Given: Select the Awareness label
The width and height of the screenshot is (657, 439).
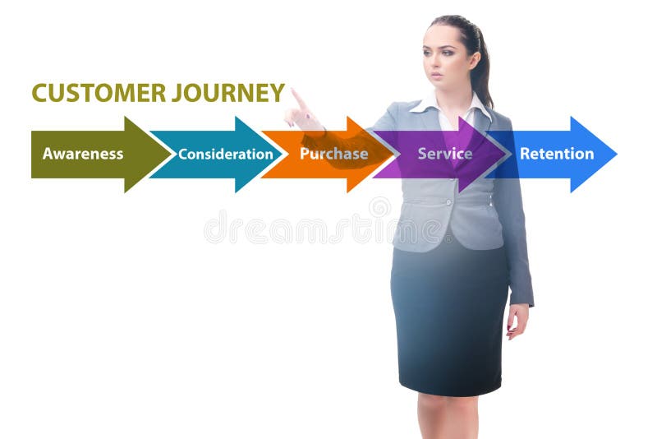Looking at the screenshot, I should pos(83,154).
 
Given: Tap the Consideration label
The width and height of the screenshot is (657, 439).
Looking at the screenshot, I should pos(226,154).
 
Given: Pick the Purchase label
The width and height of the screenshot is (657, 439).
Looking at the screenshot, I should pos(333,154).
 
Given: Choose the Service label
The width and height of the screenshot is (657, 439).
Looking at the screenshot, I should pos(444,154).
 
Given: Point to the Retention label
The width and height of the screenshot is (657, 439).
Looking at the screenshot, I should pos(557,154).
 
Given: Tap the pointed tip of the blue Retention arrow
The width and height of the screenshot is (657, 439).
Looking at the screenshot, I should pos(616,154).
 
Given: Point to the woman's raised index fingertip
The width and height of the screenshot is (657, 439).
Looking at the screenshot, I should pos(293,90).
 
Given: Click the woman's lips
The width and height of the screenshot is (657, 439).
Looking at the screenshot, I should pos(436,76).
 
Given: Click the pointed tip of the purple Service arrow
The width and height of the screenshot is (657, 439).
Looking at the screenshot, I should pos(506,154).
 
